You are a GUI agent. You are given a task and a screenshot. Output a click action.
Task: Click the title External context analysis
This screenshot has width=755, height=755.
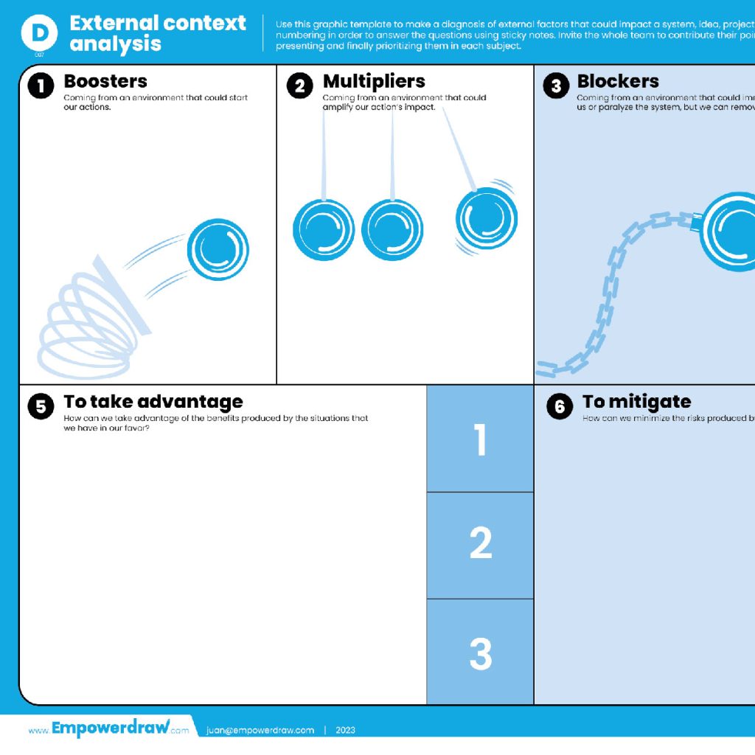pyautogui.click(x=157, y=33)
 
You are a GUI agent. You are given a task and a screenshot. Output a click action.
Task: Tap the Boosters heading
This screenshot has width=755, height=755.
pyautogui.click(x=105, y=81)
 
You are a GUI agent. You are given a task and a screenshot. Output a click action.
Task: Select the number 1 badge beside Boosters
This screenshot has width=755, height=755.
pyautogui.click(x=41, y=86)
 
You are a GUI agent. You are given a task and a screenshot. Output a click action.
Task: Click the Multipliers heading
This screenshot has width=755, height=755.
pyautogui.click(x=374, y=81)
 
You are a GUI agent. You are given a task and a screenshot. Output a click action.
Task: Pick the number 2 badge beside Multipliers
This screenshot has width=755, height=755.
pyautogui.click(x=299, y=86)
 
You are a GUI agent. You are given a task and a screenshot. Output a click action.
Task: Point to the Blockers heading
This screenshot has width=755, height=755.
pyautogui.click(x=618, y=81)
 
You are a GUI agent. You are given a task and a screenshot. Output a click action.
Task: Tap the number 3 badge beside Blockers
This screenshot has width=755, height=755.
pyautogui.click(x=557, y=86)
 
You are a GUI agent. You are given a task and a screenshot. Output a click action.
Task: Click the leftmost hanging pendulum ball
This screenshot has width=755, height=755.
pyautogui.click(x=324, y=230)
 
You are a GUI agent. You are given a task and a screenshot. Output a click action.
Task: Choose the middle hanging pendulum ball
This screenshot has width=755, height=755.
pyautogui.click(x=392, y=230)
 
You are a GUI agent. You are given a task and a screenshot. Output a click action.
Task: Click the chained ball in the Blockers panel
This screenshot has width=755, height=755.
pyautogui.click(x=730, y=232)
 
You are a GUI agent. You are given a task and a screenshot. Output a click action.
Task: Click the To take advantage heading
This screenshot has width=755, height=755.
pyautogui.click(x=153, y=402)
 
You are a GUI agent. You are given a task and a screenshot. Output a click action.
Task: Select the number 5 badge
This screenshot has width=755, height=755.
pyautogui.click(x=41, y=407)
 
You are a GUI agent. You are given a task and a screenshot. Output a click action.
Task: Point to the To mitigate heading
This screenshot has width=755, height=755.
pyautogui.click(x=636, y=402)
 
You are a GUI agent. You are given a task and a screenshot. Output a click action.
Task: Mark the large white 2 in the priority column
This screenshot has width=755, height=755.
pyautogui.click(x=481, y=544)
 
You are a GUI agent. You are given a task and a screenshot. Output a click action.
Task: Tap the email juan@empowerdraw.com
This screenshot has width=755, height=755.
pyautogui.click(x=260, y=730)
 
